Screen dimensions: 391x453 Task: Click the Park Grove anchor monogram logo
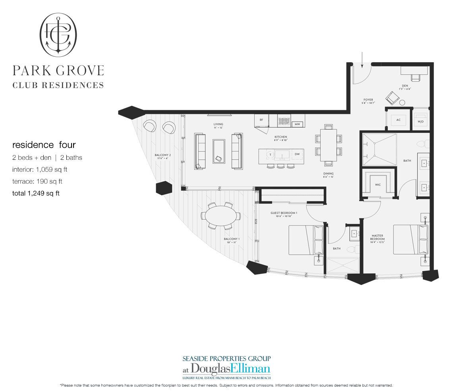pos(58,35)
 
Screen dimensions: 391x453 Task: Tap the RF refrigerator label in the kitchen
pos(261,120)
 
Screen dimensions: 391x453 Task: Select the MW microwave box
pos(297,124)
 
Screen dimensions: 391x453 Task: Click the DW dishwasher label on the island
pos(297,154)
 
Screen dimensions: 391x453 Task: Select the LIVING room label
pos(218,125)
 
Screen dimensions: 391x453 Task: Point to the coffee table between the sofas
pos(218,151)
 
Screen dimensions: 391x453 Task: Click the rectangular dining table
pos(329,145)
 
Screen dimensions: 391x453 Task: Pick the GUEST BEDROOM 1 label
pos(284,213)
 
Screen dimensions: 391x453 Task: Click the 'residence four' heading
pos(44,145)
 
